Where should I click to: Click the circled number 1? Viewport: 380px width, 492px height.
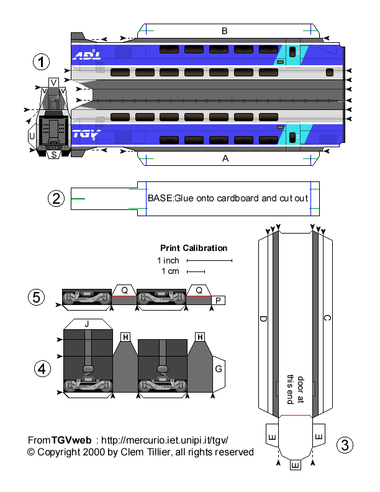click(41, 62)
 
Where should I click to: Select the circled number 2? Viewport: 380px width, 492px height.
click(56, 198)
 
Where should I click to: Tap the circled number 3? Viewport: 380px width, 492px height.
click(346, 445)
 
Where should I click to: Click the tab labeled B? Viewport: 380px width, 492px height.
click(225, 30)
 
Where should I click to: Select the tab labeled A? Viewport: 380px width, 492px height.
click(225, 158)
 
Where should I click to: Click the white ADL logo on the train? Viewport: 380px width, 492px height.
click(85, 56)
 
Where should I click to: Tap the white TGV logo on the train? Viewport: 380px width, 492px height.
click(86, 134)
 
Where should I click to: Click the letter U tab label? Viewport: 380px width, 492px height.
click(32, 134)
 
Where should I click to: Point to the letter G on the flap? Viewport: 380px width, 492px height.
click(219, 369)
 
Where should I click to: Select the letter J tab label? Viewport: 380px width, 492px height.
click(87, 323)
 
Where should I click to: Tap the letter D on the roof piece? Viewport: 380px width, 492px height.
click(263, 319)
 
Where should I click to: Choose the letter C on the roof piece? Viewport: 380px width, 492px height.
click(327, 319)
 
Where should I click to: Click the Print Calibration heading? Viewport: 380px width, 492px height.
click(194, 248)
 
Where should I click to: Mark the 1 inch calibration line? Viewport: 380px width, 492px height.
click(209, 260)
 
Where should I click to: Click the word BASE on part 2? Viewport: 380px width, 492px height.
click(159, 198)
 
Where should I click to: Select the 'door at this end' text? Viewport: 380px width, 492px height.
click(294, 389)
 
